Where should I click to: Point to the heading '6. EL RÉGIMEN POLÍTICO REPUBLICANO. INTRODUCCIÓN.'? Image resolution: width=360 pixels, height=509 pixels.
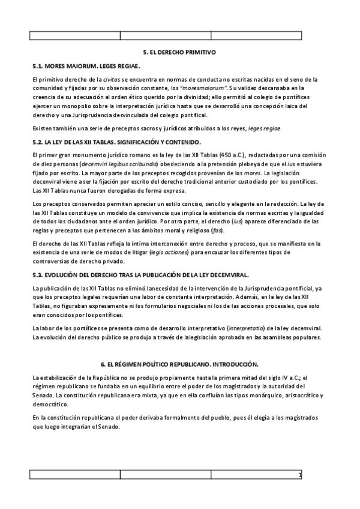(x=179, y=364)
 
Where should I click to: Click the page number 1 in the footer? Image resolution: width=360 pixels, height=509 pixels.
(x=299, y=475)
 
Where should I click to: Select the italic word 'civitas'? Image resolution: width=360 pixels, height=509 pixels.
(x=113, y=79)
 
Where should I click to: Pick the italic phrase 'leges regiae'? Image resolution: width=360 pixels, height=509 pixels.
(x=264, y=128)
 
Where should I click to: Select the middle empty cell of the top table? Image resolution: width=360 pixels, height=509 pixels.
(x=166, y=35)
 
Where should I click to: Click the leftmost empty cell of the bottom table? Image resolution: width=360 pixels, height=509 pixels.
(x=75, y=475)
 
